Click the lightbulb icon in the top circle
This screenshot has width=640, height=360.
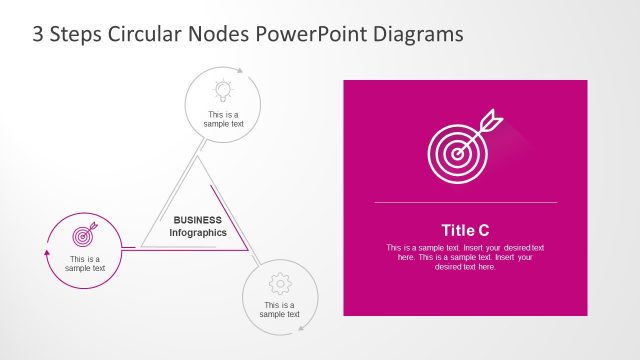tap(223, 90)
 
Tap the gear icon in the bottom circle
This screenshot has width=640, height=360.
tap(281, 282)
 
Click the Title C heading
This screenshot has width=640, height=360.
tap(465, 229)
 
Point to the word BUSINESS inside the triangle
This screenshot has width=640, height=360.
tap(198, 219)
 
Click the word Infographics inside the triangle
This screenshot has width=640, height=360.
tap(198, 232)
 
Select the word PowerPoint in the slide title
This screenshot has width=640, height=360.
tap(305, 33)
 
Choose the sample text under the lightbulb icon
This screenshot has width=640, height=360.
tap(223, 119)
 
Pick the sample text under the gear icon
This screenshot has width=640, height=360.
tap(280, 309)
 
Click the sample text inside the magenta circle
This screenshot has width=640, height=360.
tap(85, 264)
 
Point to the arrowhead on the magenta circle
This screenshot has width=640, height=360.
tap(47, 255)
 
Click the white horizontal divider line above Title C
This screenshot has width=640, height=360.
tap(465, 203)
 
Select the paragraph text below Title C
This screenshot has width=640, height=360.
tap(465, 257)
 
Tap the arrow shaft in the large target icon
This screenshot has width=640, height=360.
tap(475, 133)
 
